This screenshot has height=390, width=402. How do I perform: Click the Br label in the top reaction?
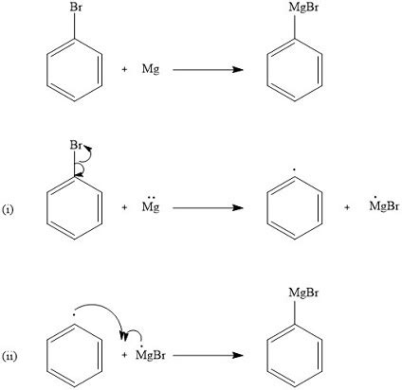76,7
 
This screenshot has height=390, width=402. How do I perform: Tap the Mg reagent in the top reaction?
151,69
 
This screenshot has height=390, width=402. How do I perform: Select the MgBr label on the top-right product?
303,8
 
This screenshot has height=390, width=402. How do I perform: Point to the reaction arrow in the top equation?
208,70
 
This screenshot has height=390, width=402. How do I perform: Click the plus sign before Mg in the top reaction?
124,69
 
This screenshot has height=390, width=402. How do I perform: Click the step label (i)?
8,209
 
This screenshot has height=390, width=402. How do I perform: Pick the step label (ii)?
9,357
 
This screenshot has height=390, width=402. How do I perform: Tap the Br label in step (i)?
76,145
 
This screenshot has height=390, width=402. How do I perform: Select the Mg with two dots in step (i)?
151,205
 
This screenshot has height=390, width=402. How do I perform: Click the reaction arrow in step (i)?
208,207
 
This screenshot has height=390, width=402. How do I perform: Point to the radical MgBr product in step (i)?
384,205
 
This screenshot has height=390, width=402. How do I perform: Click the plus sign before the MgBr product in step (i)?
347,207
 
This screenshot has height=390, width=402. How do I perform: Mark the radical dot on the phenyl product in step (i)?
294,169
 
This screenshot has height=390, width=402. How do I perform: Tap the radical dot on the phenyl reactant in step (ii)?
74,314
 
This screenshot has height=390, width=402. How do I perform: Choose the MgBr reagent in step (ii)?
151,353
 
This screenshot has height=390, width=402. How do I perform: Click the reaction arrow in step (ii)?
208,355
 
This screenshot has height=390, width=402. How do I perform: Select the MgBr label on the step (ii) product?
303,292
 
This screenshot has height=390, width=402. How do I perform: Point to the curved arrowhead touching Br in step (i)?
87,147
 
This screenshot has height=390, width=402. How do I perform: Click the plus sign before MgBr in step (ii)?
124,355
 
